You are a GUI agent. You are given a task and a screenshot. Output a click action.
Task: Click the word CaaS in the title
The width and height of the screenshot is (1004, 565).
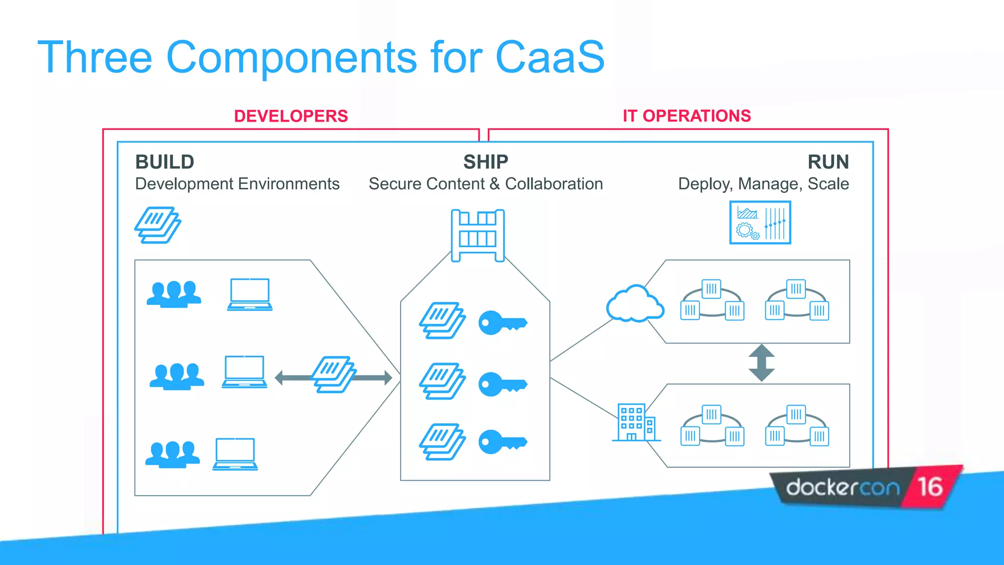pos(550,58)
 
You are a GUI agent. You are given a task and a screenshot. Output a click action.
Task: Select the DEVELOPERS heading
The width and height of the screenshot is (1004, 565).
pos(291,116)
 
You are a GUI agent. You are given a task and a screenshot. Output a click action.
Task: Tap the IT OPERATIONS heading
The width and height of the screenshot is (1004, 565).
pos(686,116)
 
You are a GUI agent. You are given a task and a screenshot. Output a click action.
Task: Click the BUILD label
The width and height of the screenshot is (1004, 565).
pos(165,162)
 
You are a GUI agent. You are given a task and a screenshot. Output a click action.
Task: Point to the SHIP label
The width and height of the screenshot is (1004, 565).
pos(485,162)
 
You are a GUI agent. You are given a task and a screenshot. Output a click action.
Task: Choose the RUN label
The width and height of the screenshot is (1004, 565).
pos(828,162)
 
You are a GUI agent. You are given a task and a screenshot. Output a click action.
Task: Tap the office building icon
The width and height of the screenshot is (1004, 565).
pos(636,422)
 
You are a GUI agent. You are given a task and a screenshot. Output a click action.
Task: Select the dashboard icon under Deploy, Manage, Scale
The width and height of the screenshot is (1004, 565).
pos(760,223)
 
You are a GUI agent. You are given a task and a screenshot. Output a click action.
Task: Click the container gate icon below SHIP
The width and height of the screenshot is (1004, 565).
pos(477,235)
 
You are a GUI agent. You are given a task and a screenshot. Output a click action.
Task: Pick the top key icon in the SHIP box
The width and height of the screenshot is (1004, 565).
pos(502,323)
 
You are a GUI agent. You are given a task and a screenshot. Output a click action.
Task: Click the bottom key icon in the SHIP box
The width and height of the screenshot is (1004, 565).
pos(502,442)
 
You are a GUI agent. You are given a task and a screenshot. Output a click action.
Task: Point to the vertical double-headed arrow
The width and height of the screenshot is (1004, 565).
pos(761,363)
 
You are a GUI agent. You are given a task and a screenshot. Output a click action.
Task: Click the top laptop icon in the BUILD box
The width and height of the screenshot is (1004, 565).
pos(250,294)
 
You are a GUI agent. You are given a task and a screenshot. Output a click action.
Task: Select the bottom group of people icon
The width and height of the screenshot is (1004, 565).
pos(173,454)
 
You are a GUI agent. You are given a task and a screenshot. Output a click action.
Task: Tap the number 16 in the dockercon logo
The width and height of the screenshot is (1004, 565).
pos(930,487)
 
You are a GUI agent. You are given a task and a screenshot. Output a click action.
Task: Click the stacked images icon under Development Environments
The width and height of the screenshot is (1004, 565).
pos(157,225)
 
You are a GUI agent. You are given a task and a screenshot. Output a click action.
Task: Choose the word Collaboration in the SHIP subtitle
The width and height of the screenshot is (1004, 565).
pos(553,184)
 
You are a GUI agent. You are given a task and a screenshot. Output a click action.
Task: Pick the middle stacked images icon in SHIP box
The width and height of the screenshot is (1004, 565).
pos(442,381)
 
